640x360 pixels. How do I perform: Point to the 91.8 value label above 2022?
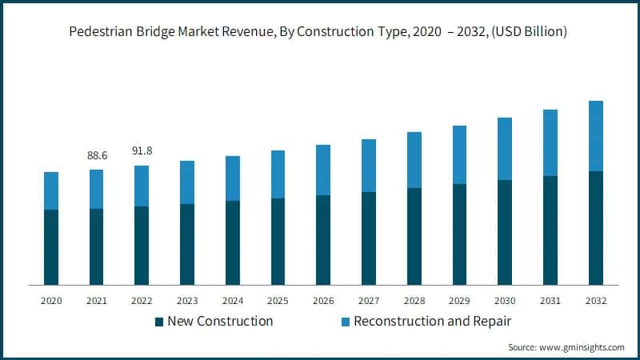(x=142, y=150)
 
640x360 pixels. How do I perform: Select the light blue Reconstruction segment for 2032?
(x=595, y=136)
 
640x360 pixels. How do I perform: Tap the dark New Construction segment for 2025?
(x=278, y=241)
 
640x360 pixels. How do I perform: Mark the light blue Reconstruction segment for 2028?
(x=414, y=160)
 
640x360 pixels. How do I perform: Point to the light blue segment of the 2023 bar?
(x=187, y=182)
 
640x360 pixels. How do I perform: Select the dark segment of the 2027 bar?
(x=368, y=238)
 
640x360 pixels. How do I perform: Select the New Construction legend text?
(x=220, y=322)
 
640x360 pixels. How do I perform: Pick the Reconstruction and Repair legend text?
(x=432, y=322)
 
